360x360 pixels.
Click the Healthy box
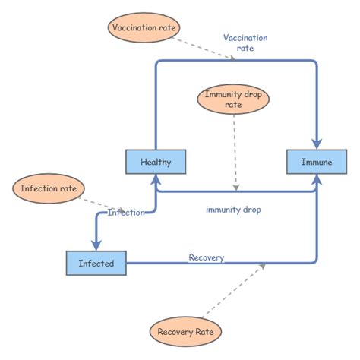pos(156,162)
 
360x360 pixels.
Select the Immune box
pos(316,162)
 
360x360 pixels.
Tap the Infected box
pos(96,264)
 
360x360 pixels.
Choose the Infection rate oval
pos(48,188)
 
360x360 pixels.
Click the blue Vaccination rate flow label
pos(245,43)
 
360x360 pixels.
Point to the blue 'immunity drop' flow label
pos(233,210)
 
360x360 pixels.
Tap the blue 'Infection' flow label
pos(126,213)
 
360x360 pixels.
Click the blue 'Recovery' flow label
pos(207,257)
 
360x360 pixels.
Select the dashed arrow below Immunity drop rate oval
pos(236,152)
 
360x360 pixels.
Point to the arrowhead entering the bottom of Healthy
pos(156,179)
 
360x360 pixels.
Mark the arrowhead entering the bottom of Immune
pos(316,179)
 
